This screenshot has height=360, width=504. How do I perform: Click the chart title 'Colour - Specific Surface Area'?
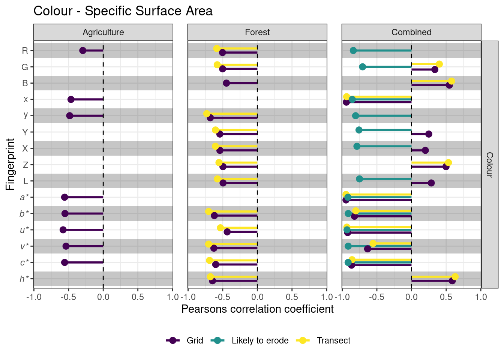click(123, 11)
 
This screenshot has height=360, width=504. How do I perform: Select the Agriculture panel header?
click(103, 32)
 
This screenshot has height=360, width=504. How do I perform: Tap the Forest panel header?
click(257, 32)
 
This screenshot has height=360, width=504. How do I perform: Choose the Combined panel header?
click(411, 32)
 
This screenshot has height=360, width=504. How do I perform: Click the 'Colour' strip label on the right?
click(489, 164)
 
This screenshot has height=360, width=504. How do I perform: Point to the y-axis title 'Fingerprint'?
click(10, 164)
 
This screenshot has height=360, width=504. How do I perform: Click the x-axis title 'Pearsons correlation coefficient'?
click(257, 309)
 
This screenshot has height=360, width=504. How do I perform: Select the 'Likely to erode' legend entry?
click(260, 340)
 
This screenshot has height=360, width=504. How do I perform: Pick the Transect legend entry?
click(333, 340)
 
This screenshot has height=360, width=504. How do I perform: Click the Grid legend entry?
click(195, 340)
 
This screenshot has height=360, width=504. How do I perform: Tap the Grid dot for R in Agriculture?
click(83, 50)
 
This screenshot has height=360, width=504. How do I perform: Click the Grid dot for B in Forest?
click(226, 83)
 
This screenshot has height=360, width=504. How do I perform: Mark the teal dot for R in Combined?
click(353, 50)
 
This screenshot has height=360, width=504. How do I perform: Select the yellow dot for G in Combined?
click(439, 64)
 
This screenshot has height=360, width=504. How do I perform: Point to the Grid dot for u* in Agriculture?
click(63, 230)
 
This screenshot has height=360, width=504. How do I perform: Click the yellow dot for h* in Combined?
click(455, 277)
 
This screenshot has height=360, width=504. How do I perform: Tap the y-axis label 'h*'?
click(24, 279)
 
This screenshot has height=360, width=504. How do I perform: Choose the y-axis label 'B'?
click(25, 83)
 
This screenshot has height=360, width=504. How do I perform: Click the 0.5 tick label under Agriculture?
click(138, 297)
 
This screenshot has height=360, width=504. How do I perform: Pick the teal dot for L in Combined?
click(359, 179)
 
